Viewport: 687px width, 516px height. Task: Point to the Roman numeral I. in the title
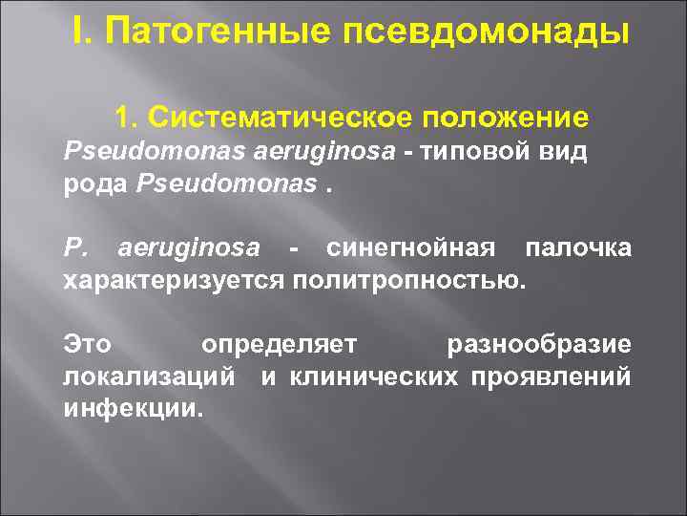click(84, 32)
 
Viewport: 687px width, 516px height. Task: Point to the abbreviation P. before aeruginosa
click(74, 248)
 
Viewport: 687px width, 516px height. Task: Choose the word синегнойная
click(409, 248)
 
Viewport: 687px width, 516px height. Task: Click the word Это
click(87, 344)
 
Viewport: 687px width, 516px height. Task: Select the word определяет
click(279, 344)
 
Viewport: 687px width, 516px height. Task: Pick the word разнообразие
click(538, 344)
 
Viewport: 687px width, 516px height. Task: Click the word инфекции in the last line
click(133, 410)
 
